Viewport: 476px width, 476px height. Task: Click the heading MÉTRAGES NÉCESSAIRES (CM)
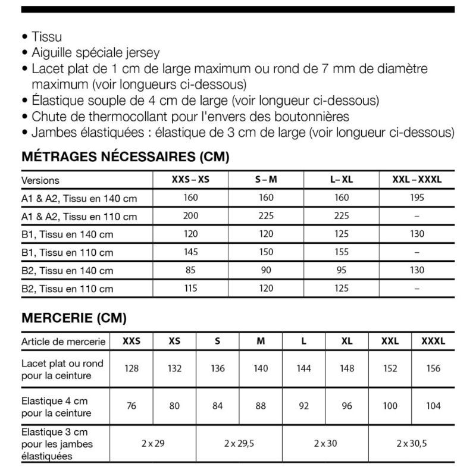point(125,158)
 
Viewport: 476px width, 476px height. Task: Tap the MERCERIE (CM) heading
point(74,318)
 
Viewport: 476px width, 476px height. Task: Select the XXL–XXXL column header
point(416,180)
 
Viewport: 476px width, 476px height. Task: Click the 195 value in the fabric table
point(416,198)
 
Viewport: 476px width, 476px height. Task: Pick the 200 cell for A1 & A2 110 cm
point(191,216)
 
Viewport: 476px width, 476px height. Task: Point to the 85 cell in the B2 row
point(191,270)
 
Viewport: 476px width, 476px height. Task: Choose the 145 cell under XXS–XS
point(191,252)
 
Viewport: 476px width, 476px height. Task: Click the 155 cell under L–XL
point(342,252)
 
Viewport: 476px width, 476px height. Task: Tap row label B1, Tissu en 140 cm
point(67,234)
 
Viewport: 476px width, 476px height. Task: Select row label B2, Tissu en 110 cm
point(67,289)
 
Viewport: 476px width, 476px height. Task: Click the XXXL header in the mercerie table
point(433,341)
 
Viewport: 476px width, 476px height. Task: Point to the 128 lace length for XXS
point(131,368)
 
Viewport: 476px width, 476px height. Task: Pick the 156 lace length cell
point(433,368)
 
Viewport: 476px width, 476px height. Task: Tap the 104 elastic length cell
point(433,406)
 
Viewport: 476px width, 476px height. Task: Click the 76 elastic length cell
point(131,406)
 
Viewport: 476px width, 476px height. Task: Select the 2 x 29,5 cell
point(239,443)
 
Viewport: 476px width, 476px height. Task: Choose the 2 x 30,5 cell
point(412,443)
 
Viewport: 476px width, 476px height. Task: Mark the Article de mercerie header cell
point(64,342)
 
